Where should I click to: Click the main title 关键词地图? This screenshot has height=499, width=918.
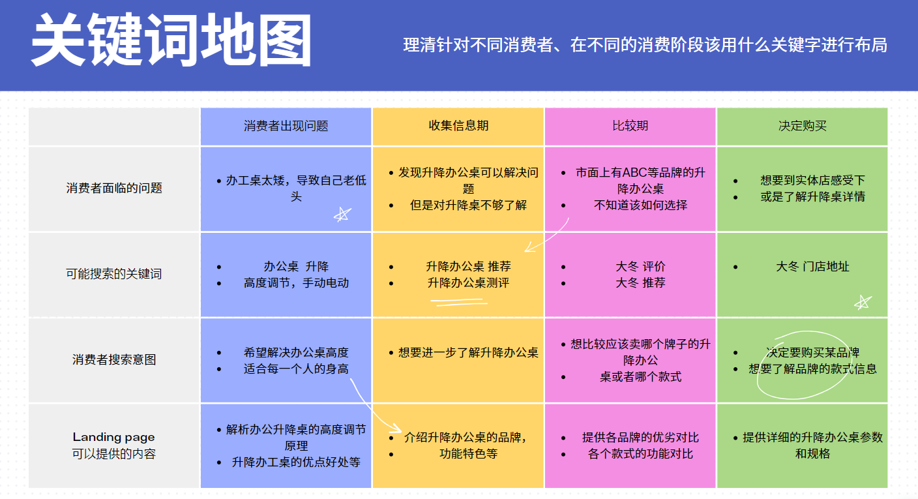171,40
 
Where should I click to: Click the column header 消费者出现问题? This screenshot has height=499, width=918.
286,126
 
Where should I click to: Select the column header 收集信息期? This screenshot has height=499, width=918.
458,125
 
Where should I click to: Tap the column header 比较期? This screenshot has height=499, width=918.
630,125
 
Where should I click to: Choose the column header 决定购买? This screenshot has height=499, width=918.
803,126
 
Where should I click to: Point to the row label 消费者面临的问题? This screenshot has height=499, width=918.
114,189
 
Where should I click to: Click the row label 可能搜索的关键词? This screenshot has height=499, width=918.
114,273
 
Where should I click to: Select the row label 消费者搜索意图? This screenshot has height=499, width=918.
114,359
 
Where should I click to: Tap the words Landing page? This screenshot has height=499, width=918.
114,436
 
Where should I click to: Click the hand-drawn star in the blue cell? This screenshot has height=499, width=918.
342,214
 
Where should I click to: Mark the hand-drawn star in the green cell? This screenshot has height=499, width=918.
863,303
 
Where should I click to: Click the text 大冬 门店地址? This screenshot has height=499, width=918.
812,267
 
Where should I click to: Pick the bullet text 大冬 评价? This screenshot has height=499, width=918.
640,267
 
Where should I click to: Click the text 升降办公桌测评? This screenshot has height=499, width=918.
468,282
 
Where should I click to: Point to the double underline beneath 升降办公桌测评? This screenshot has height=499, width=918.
459,303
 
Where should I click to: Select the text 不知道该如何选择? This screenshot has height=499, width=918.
640,205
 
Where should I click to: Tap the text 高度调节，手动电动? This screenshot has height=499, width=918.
296,283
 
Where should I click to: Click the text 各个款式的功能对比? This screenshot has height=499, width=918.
640,454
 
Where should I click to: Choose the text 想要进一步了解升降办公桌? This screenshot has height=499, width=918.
468,353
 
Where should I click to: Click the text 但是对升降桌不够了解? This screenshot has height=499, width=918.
468,205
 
